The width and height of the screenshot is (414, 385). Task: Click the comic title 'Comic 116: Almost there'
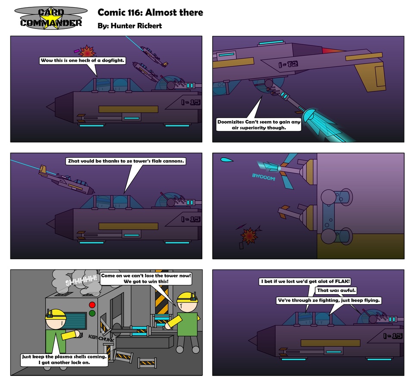pyautogui.click(x=150, y=13)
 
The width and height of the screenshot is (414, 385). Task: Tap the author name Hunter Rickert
pyautogui.click(x=130, y=26)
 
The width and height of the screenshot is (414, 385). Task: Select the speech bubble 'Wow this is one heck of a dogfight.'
pyautogui.click(x=82, y=61)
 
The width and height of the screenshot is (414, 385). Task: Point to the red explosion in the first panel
pyautogui.click(x=88, y=51)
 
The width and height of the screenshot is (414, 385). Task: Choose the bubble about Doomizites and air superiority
pyautogui.click(x=259, y=124)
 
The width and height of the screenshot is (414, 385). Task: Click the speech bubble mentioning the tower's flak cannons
pyautogui.click(x=126, y=161)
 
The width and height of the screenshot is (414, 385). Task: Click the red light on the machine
pyautogui.click(x=91, y=305)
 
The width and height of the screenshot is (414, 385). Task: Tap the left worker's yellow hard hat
pyautogui.click(x=56, y=314)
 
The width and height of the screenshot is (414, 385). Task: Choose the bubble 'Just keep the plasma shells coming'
pyautogui.click(x=64, y=360)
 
